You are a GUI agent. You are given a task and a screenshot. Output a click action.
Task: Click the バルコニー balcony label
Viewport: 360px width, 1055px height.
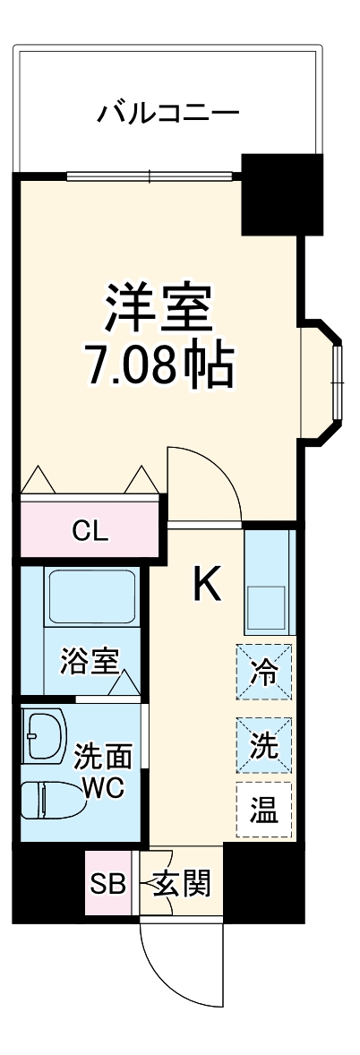pyautogui.click(x=169, y=114)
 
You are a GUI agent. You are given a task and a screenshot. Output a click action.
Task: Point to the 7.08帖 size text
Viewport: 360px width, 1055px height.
pyautogui.click(x=159, y=363)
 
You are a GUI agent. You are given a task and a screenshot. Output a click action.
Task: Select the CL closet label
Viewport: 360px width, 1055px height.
pyautogui.click(x=90, y=531)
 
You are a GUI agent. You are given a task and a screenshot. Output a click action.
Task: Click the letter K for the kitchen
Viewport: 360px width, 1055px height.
pyautogui.click(x=207, y=585)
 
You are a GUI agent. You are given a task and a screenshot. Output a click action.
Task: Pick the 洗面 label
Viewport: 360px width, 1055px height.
pyautogui.click(x=102, y=757)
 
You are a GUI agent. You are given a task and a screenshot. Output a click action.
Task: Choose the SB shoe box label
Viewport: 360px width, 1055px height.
pyautogui.click(x=108, y=885)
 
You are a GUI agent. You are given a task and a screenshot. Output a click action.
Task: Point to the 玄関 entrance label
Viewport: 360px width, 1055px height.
pyautogui.click(x=182, y=885)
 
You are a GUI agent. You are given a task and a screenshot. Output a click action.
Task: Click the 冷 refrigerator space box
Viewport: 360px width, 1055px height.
pyautogui.click(x=264, y=671)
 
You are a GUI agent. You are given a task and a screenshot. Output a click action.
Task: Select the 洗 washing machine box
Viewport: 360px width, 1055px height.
pyautogui.click(x=264, y=745)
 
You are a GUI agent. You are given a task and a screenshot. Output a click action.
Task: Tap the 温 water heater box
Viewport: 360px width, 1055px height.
pyautogui.click(x=264, y=812)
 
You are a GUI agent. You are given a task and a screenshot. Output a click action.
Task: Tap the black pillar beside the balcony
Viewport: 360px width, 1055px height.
pyautogui.click(x=281, y=193)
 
